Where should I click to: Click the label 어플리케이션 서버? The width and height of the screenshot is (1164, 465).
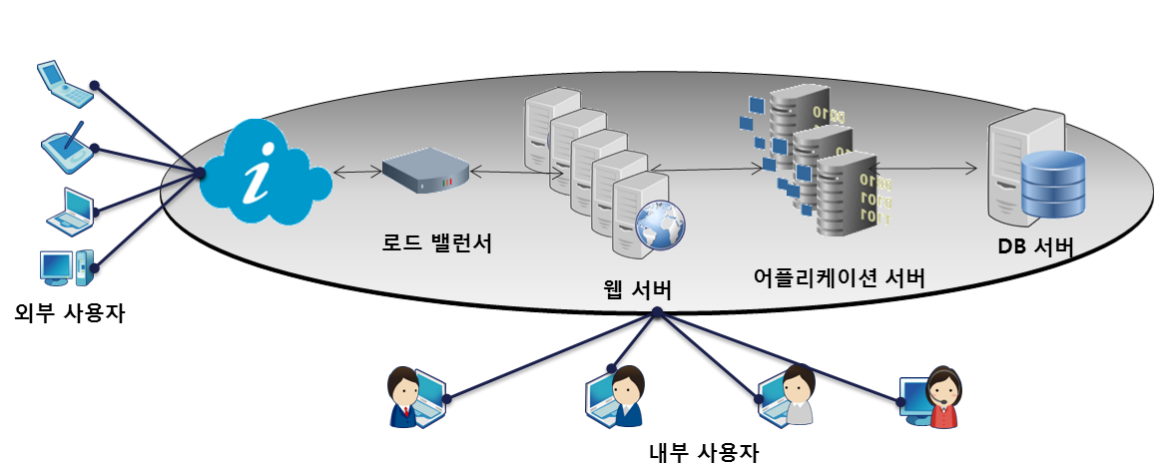click(839, 278)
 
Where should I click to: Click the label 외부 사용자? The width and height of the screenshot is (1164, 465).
click(70, 312)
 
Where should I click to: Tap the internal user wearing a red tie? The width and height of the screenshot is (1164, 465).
click(406, 397)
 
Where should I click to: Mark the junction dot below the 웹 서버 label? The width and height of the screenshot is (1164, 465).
click(657, 312)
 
